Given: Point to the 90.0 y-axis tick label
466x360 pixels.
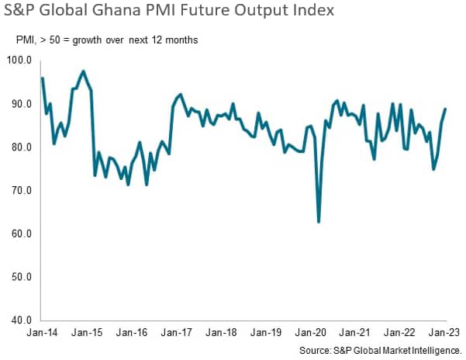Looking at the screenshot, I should [19, 104].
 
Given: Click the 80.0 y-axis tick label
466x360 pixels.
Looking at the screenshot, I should [19, 147].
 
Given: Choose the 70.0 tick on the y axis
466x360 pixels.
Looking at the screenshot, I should [19, 191].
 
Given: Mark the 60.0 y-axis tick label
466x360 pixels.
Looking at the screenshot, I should [19, 234].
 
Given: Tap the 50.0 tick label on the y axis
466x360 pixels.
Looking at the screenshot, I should [19, 277].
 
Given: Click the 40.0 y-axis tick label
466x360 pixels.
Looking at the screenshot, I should [19, 320].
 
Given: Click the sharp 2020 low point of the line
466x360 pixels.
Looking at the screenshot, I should [319, 223].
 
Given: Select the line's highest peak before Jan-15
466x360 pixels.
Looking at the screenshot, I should [83, 71].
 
